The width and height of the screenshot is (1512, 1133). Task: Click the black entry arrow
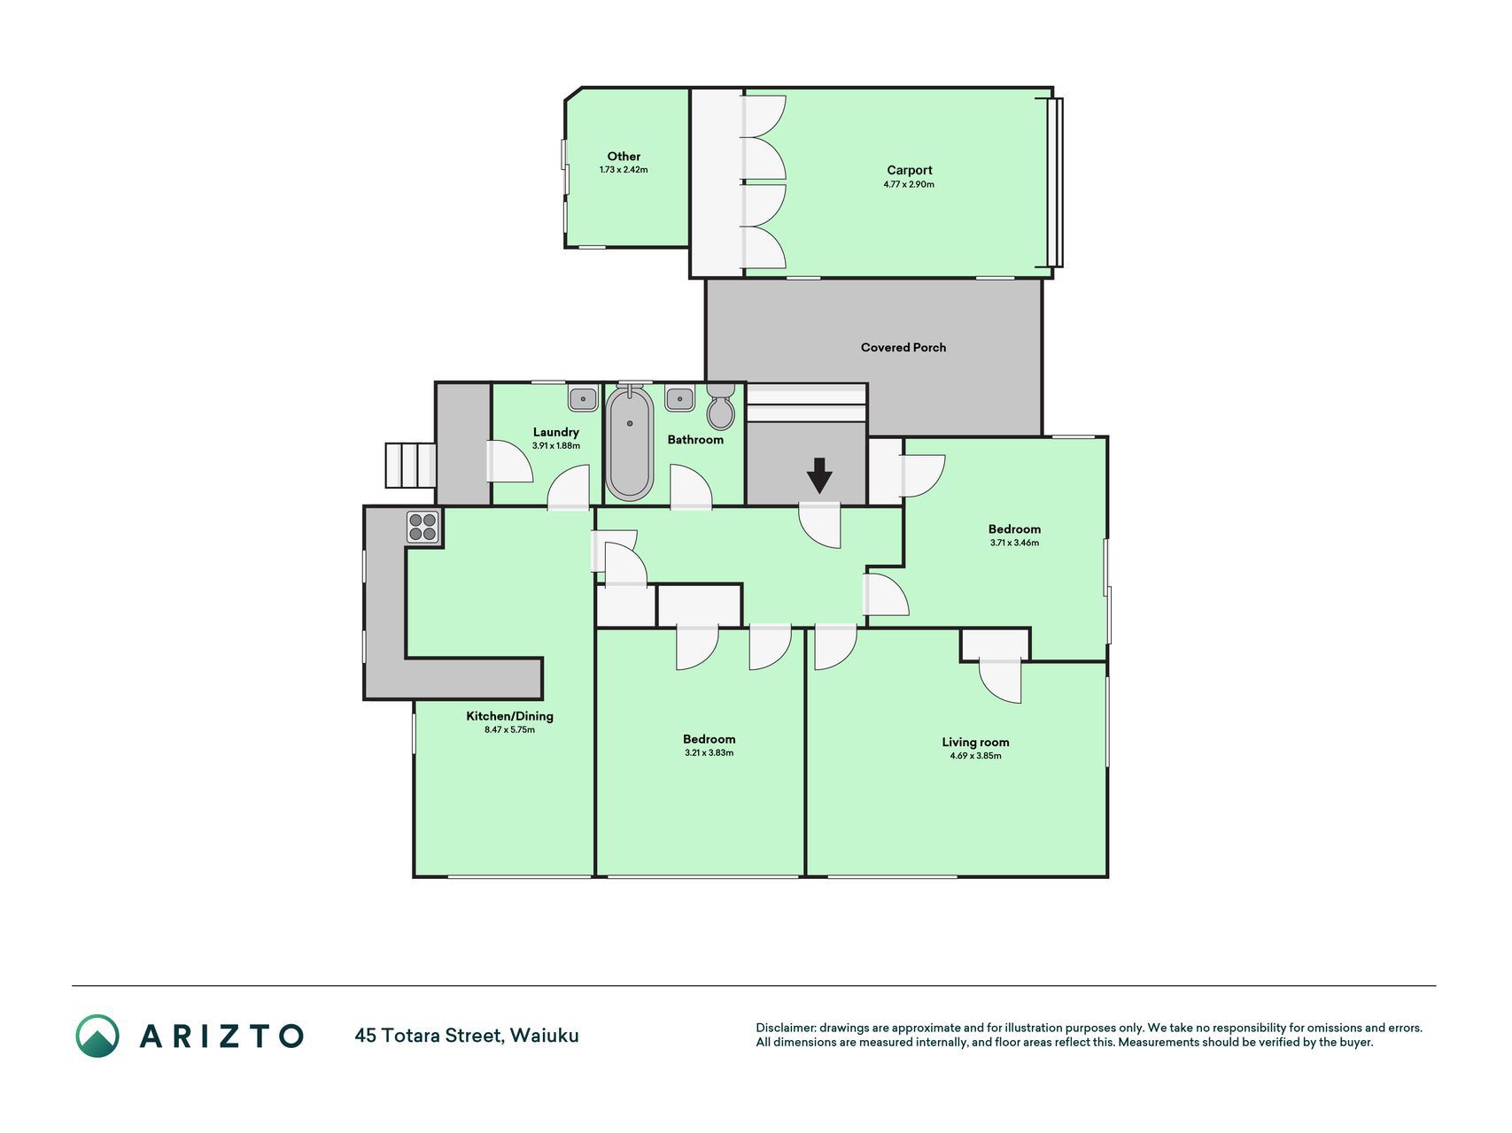point(819,475)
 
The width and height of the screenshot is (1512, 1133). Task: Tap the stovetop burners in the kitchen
point(423,527)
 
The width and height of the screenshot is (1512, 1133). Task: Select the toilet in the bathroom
point(721,406)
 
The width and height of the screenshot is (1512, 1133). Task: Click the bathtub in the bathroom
point(630,443)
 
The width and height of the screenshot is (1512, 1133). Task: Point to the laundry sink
point(583,398)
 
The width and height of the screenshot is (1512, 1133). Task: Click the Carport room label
point(910,170)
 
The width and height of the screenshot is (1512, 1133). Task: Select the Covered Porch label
point(903,347)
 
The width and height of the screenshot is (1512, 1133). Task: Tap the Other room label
point(624,156)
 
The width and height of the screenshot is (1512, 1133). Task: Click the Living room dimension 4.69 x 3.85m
point(975,756)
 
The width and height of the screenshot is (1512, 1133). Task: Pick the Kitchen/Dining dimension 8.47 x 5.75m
point(509,729)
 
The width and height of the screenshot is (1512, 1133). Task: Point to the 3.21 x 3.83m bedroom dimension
point(709,752)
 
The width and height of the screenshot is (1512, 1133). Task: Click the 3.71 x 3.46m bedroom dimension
point(1014,543)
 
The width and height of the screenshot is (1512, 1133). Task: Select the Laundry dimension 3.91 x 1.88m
point(556,445)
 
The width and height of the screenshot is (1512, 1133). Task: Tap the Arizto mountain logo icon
point(97,1036)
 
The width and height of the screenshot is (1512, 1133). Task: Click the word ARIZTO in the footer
point(221,1036)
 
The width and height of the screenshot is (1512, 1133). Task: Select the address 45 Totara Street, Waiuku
point(467,1035)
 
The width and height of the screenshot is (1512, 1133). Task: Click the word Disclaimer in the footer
point(785,1028)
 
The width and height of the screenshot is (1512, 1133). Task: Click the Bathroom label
point(695,439)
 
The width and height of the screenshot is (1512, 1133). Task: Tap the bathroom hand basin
point(679,398)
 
